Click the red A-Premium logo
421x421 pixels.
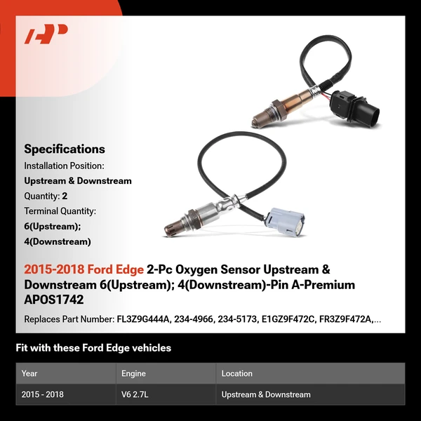[46, 34]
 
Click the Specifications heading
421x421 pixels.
[65, 149]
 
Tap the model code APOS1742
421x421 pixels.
[54, 300]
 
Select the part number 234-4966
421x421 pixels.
[199, 319]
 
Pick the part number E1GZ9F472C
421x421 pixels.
[293, 319]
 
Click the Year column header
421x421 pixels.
[29, 373]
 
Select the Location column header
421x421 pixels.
[236, 373]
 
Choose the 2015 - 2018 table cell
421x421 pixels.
[43, 394]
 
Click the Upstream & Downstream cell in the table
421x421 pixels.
[266, 394]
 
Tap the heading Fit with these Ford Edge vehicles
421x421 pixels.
[93, 348]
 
